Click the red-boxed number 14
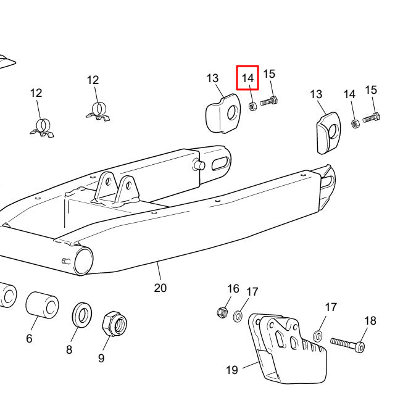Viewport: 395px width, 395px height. click(247, 78)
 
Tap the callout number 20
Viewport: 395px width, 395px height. click(160, 288)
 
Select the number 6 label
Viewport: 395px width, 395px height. click(29, 338)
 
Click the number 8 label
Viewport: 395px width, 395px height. click(69, 349)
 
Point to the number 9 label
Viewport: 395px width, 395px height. click(101, 357)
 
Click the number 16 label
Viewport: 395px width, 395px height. click(233, 288)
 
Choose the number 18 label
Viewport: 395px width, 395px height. click(370, 320)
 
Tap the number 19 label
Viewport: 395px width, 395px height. click(231, 370)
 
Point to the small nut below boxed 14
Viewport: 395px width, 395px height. click(252, 106)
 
